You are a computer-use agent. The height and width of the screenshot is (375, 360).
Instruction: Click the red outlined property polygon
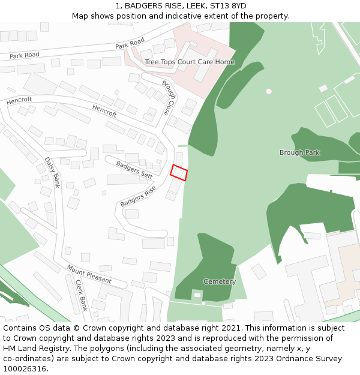point(179,172)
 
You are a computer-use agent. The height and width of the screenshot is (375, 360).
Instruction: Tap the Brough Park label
point(299,152)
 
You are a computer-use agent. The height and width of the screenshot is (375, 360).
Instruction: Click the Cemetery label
point(220,281)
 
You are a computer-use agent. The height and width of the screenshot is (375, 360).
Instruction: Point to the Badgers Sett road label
point(134,168)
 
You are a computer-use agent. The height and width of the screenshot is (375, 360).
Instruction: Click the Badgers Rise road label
point(138,196)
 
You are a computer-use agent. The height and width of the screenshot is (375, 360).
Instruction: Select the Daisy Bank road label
point(52,173)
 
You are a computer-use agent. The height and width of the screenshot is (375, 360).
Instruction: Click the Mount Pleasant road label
point(89,274)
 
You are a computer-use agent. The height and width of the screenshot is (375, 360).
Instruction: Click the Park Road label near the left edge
point(25,55)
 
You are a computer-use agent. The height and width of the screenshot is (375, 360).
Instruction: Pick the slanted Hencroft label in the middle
point(104,110)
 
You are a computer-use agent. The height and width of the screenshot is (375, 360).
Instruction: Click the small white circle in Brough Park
point(269,91)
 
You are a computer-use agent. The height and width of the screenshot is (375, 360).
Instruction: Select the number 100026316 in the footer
point(26,369)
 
